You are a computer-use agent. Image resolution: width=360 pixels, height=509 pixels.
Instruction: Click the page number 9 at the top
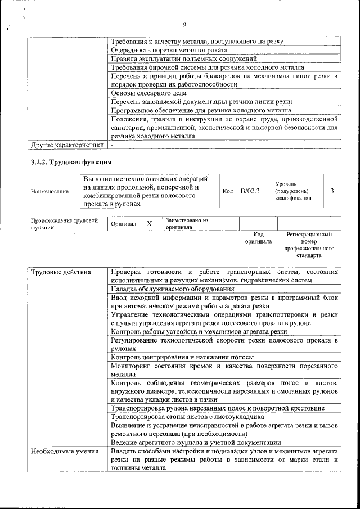point(184,24)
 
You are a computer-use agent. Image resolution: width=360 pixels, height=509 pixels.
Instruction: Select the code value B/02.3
point(250,191)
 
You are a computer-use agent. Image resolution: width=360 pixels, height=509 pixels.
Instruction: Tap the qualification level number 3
point(332,191)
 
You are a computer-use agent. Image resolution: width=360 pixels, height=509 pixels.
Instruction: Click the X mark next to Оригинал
point(149,224)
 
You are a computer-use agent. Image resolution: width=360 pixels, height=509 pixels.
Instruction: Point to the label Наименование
point(50,192)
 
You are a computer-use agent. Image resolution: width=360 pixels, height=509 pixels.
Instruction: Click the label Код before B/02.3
point(228,191)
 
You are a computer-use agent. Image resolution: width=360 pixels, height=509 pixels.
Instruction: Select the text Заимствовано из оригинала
point(187,223)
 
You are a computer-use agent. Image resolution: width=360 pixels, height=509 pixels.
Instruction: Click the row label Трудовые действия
point(61,272)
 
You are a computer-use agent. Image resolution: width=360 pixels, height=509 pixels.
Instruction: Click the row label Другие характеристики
point(67,145)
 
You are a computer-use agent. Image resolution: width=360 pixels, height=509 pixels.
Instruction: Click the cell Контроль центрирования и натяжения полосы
point(182,357)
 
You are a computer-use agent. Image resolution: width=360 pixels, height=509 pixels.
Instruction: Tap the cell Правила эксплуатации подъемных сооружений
point(184,58)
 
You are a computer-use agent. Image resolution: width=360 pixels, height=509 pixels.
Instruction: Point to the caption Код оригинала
point(258,238)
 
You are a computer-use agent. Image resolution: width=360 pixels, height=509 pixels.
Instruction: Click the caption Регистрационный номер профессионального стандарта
point(309,245)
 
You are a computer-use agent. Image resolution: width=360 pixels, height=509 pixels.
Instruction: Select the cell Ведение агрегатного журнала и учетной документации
point(196,443)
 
